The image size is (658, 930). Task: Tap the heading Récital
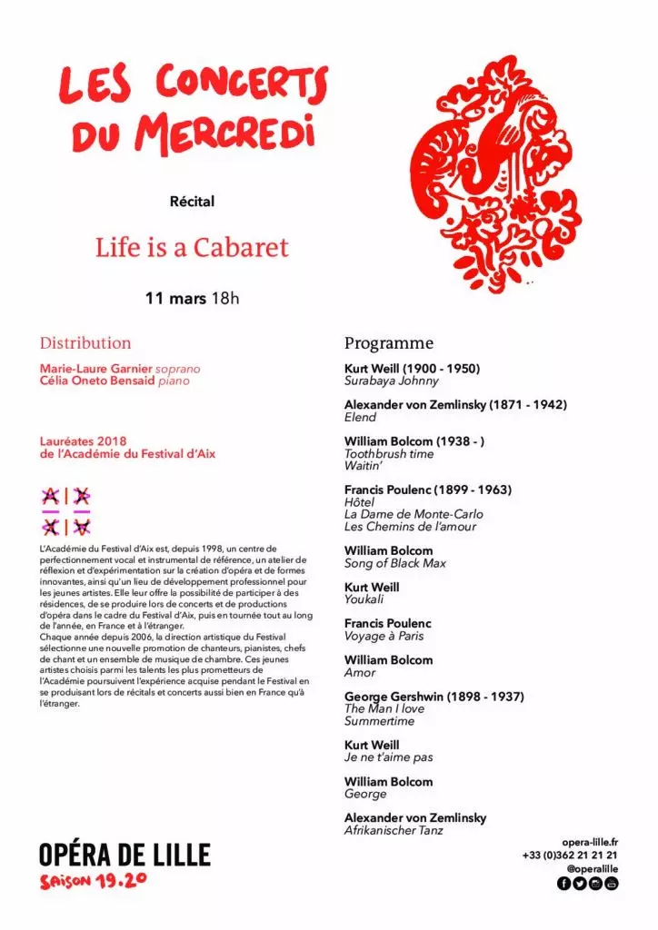[x=192, y=201]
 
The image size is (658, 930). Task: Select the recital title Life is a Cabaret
[x=192, y=247]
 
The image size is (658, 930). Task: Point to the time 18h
[x=225, y=298]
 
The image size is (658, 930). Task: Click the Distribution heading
[x=85, y=343]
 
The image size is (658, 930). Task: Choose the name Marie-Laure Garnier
[x=95, y=369]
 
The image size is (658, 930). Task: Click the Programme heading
[x=389, y=343]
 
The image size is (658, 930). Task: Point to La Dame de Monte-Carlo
[x=414, y=514]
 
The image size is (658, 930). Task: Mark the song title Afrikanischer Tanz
[x=394, y=830]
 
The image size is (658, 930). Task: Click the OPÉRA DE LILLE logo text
[x=125, y=855]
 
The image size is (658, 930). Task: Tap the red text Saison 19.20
[x=93, y=882]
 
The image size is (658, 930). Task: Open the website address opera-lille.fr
[x=590, y=842]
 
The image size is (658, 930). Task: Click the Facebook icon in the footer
[x=563, y=884]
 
